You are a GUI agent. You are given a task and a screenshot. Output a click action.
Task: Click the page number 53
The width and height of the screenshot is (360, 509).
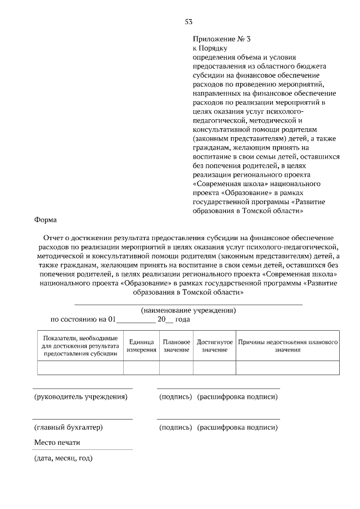pyautogui.click(x=188, y=22)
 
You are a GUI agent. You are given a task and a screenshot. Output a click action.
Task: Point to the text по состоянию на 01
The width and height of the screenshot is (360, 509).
pyautogui.click(x=83, y=319)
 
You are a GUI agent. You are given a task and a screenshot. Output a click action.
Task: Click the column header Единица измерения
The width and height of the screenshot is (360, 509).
pyautogui.click(x=141, y=346)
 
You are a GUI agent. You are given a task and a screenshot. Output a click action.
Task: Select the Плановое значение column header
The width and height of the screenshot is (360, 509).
pyautogui.click(x=177, y=346)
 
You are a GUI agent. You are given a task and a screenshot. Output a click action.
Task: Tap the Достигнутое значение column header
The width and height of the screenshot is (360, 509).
pyautogui.click(x=214, y=346)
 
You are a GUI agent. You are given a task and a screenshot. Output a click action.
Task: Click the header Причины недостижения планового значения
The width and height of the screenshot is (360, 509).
pyautogui.click(x=287, y=346)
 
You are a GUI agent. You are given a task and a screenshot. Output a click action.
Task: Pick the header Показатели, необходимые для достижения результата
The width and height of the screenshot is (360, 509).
pyautogui.click(x=80, y=346)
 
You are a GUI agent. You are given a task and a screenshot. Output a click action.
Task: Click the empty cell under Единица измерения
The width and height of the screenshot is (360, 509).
pyautogui.click(x=141, y=368)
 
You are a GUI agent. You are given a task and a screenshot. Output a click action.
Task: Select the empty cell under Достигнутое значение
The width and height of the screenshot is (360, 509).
pyautogui.click(x=214, y=368)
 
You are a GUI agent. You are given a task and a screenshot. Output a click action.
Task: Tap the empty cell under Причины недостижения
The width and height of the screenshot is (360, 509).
pyautogui.click(x=287, y=368)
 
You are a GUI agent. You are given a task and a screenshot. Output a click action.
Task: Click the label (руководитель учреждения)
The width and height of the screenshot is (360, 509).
pyautogui.click(x=81, y=397)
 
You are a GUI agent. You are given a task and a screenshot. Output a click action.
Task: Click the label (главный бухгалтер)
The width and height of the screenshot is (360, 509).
pyautogui.click(x=68, y=427)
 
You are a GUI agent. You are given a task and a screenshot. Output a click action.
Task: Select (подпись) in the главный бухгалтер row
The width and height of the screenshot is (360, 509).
pyautogui.click(x=175, y=427)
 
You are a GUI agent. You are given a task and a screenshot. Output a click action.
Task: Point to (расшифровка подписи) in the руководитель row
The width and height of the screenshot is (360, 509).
pyautogui.click(x=237, y=397)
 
